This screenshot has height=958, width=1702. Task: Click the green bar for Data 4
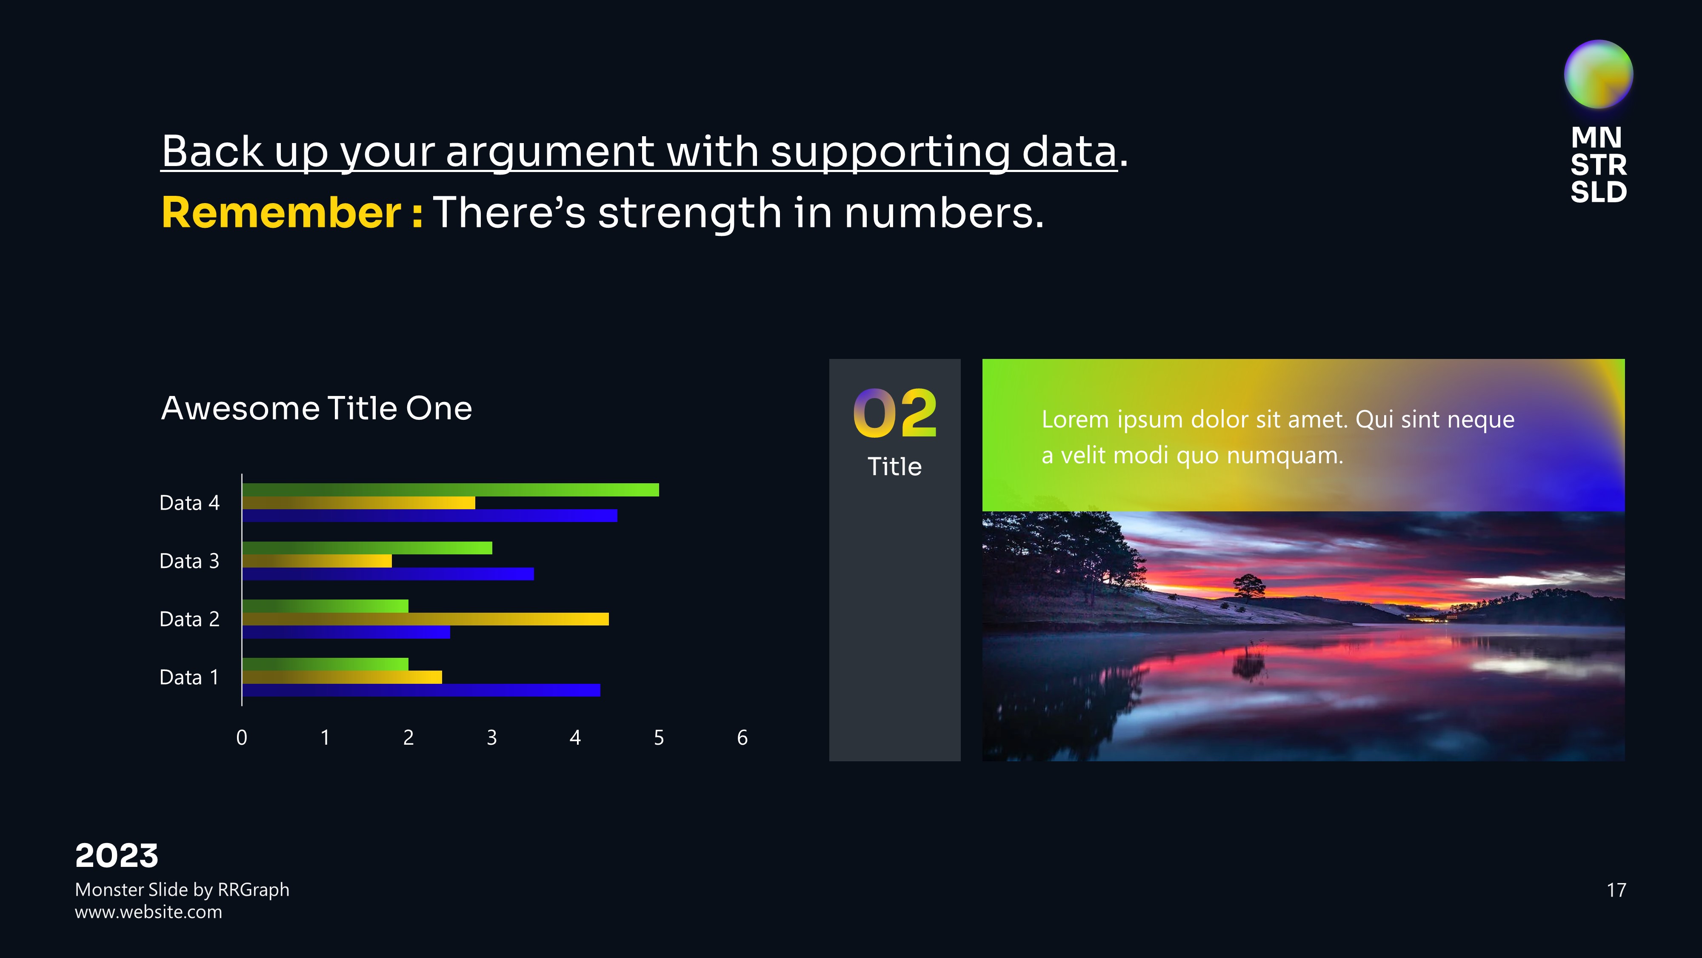451,490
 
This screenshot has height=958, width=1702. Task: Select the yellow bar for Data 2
425,619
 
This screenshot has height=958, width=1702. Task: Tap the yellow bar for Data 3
317,561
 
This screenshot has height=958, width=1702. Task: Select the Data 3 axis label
190,561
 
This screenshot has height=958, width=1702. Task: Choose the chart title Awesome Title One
317,408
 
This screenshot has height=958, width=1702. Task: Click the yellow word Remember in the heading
281,213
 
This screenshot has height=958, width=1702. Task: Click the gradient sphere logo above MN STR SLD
1598,74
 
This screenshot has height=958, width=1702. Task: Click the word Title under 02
894,467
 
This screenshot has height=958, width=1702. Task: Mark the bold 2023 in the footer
117,856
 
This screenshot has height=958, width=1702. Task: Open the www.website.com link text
148,912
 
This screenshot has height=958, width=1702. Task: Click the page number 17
1616,890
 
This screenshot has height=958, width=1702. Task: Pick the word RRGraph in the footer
254,890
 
